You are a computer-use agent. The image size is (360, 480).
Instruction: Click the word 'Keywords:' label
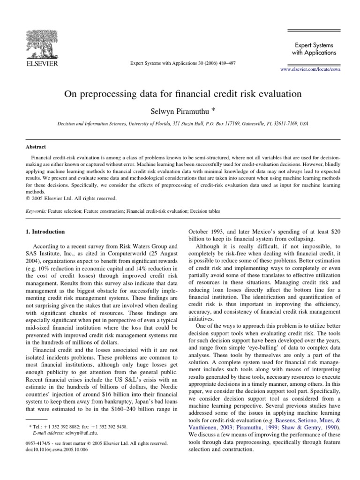tap(36, 211)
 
